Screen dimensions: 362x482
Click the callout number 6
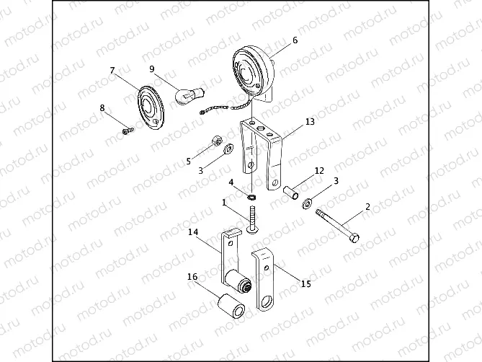pyautogui.click(x=294, y=41)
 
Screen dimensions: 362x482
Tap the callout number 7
pyautogui.click(x=112, y=70)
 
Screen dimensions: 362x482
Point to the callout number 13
pyautogui.click(x=310, y=122)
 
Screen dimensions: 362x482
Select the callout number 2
pyautogui.click(x=367, y=206)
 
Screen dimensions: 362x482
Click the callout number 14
pyautogui.click(x=193, y=232)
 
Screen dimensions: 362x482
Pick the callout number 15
pyautogui.click(x=305, y=283)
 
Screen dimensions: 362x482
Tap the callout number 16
pyautogui.click(x=193, y=277)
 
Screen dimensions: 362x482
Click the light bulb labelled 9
pyautogui.click(x=192, y=94)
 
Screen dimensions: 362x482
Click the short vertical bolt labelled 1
pyautogui.click(x=251, y=218)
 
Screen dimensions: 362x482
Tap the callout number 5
pyautogui.click(x=189, y=160)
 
